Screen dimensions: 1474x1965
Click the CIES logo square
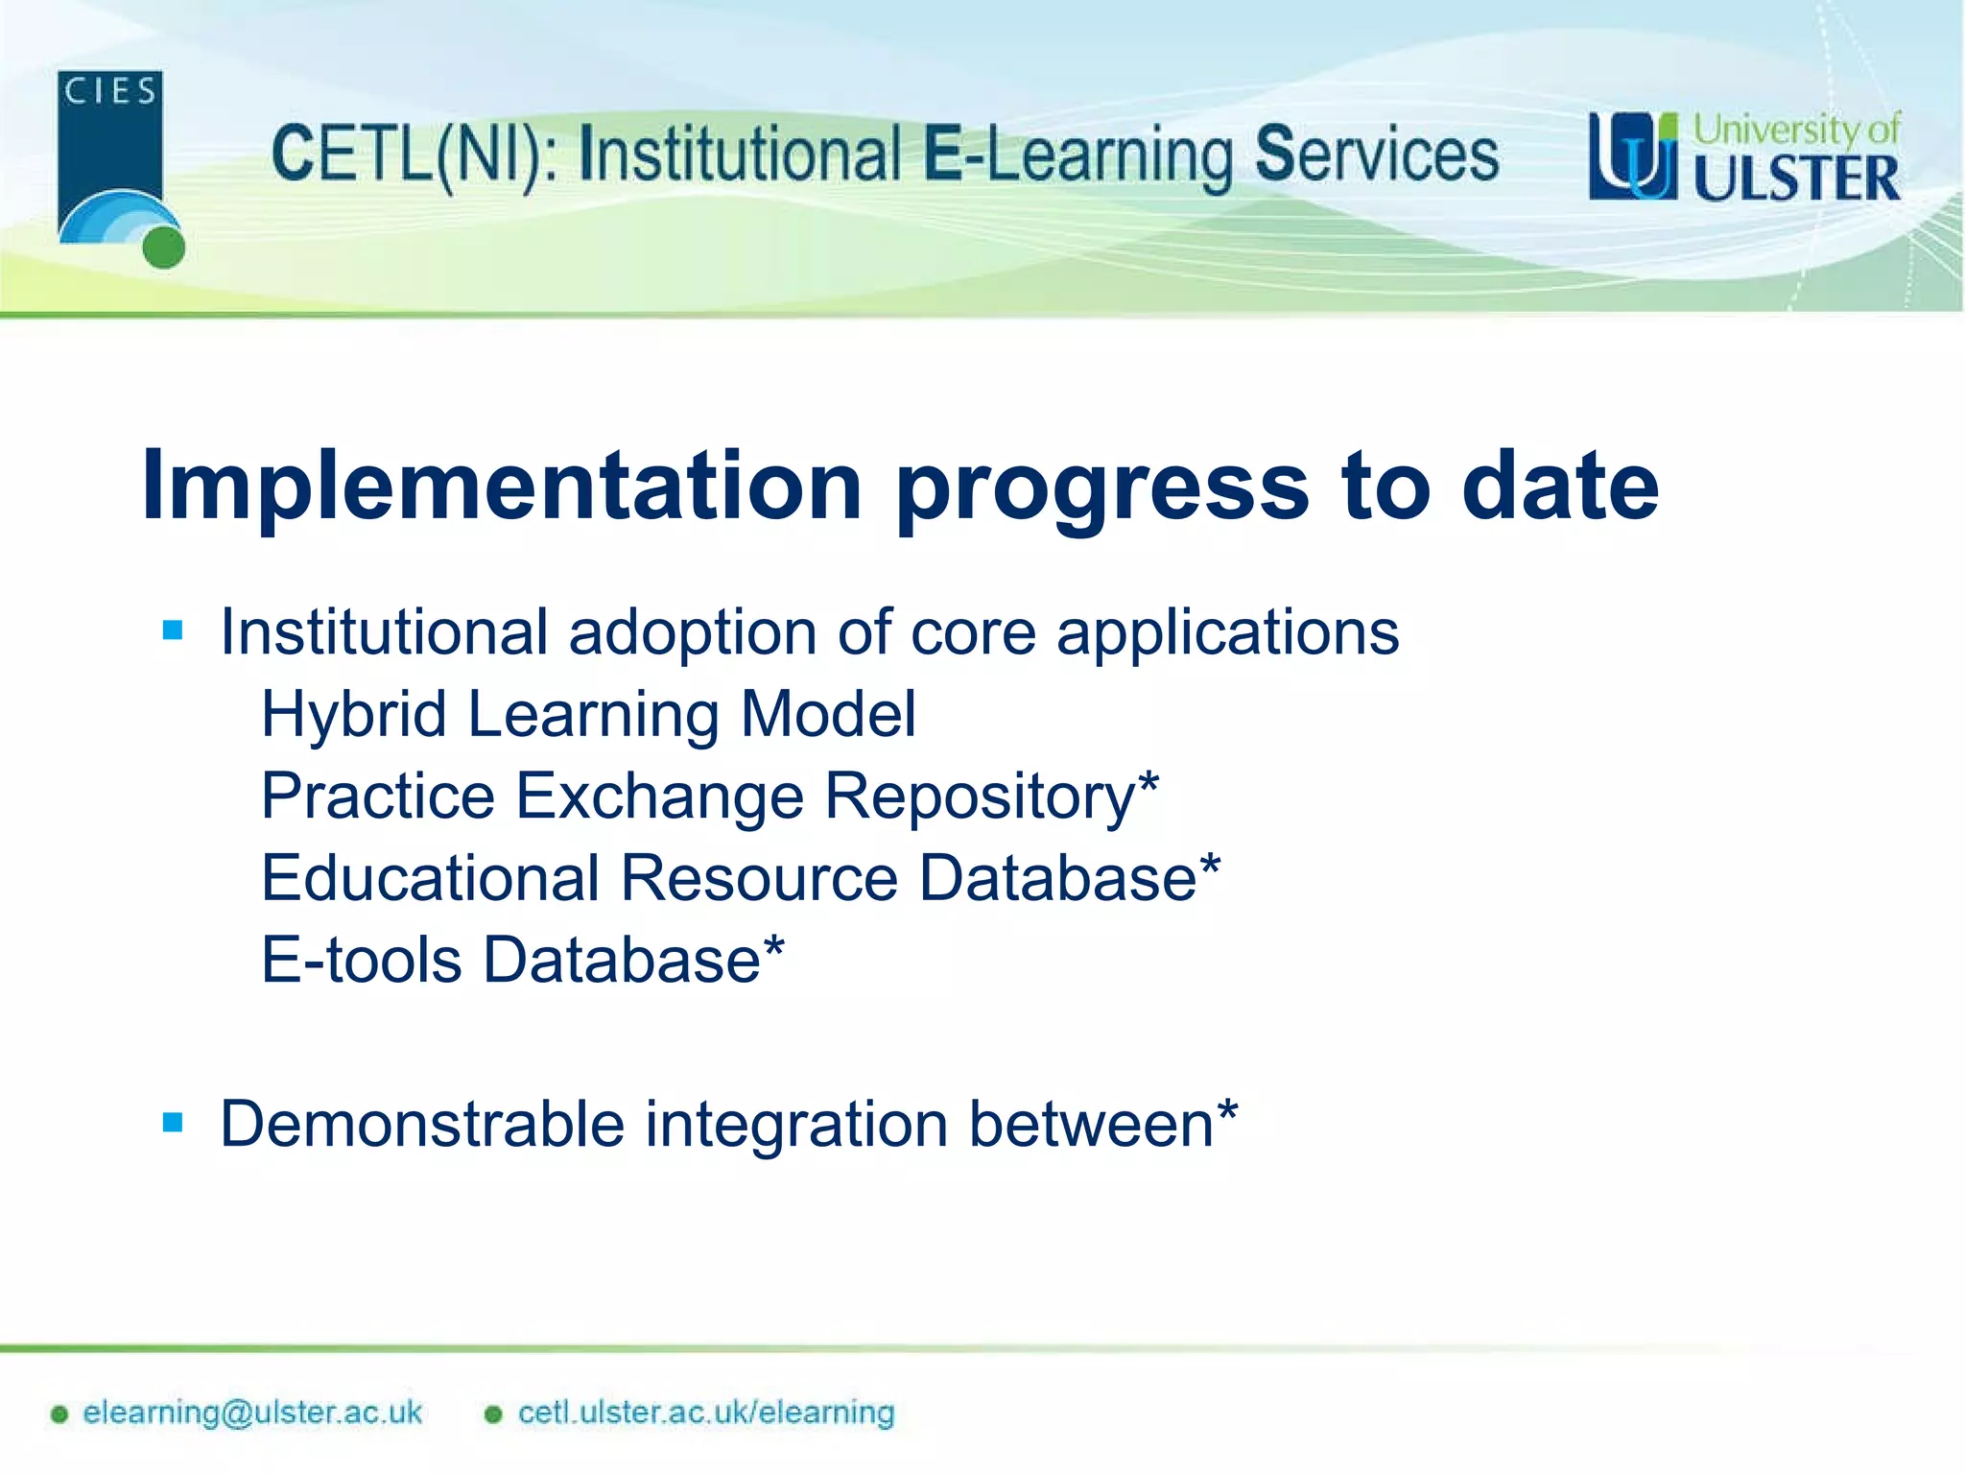pyautogui.click(x=109, y=144)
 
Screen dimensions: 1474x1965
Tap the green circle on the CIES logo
pyautogui.click(x=164, y=248)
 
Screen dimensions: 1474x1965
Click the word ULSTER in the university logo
pyautogui.click(x=1795, y=179)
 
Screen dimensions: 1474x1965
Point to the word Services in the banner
pyautogui.click(x=1377, y=155)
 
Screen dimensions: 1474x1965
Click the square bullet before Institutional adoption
pyautogui.click(x=173, y=630)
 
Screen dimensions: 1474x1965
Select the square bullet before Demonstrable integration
pyautogui.click(x=173, y=1122)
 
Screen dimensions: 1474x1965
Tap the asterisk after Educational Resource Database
pyautogui.click(x=1210, y=863)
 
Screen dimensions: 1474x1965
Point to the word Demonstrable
pyautogui.click(x=421, y=1124)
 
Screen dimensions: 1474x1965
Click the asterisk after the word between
pyautogui.click(x=1227, y=1110)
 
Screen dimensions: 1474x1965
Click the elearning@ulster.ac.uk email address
pyautogui.click(x=252, y=1413)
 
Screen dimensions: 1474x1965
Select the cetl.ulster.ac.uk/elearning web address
pyautogui.click(x=706, y=1413)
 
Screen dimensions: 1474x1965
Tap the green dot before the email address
pyautogui.click(x=59, y=1415)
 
